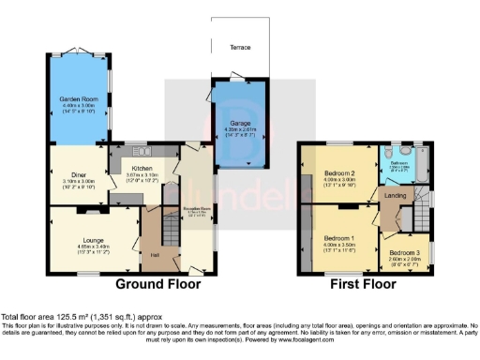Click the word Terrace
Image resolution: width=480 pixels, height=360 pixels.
tap(240, 72)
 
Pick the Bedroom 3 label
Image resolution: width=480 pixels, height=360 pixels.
tap(405, 253)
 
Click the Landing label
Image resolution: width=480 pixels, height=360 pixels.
tap(394, 195)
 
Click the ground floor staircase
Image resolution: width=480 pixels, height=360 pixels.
tap(172, 230)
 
